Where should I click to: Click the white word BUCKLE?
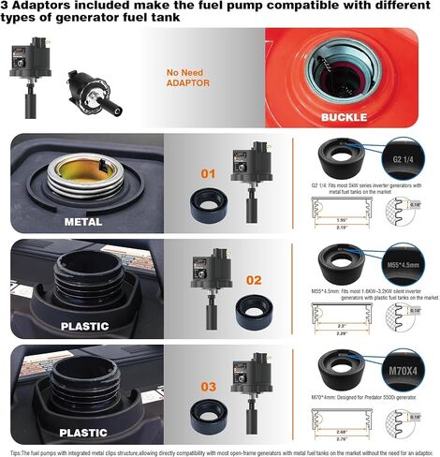[345, 118]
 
